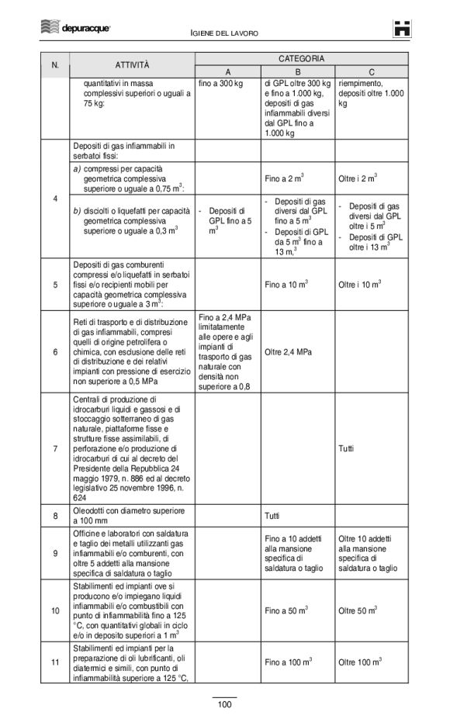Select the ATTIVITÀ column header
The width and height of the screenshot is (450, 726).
133,64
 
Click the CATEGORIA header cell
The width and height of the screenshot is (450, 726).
301,59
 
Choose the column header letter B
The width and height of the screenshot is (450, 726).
298,71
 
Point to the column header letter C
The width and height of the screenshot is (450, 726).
372,71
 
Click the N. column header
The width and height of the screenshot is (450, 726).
55,64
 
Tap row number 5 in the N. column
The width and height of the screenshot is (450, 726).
55,285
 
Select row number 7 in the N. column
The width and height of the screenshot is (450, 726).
55,448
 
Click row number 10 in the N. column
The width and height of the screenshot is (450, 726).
55,611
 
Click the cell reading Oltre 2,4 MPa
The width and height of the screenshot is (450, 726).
288,352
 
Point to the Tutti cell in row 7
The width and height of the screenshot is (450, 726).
347,448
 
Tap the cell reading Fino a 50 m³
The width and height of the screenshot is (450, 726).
288,611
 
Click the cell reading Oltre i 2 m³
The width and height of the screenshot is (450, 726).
358,178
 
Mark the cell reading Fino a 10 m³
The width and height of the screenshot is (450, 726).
288,285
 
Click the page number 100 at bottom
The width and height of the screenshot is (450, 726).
224,704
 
